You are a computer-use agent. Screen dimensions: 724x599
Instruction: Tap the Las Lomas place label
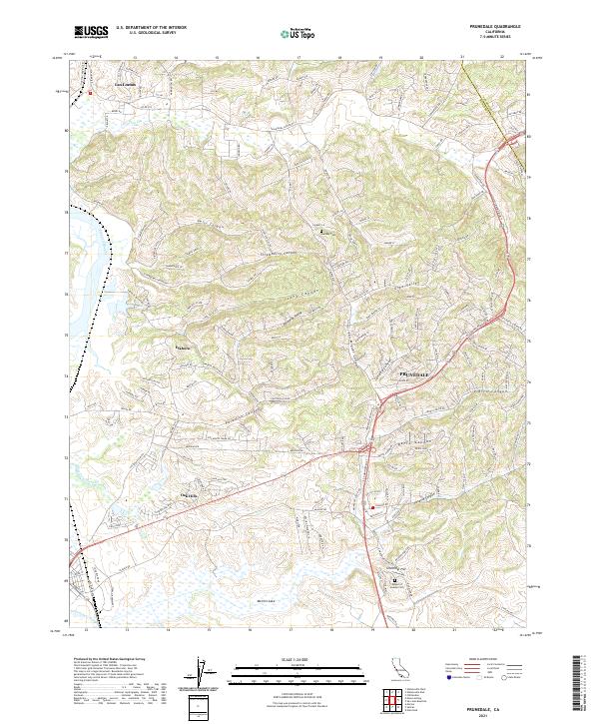point(122,84)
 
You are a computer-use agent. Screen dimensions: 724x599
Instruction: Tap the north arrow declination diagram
point(203,675)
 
